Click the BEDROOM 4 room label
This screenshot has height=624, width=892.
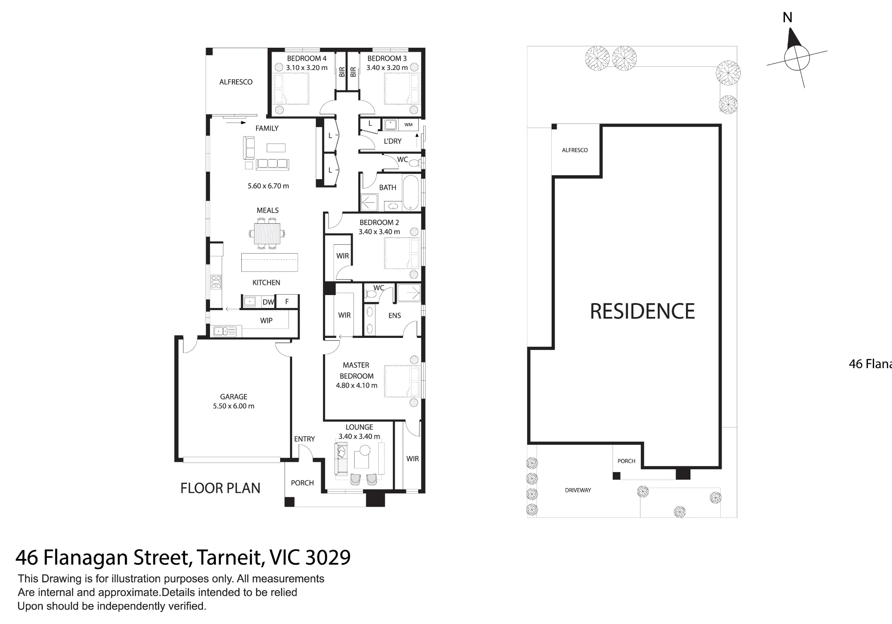(x=307, y=58)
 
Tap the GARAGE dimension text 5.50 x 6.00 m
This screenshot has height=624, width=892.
(x=234, y=406)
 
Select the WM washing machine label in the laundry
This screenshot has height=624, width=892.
(x=409, y=125)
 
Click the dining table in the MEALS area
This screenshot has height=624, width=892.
(x=268, y=234)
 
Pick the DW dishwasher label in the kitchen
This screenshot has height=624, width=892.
(x=268, y=302)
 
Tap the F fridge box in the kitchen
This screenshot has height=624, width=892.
(x=287, y=301)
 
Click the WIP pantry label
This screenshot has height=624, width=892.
(x=266, y=320)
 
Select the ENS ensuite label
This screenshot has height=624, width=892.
(x=395, y=316)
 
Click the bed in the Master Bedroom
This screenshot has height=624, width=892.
(x=402, y=381)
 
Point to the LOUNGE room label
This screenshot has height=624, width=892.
(x=359, y=427)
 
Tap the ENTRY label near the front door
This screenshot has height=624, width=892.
(x=305, y=439)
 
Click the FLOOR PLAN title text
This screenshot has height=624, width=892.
(x=220, y=488)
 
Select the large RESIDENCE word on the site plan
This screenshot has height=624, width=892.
(x=642, y=311)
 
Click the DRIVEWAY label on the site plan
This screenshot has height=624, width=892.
(x=578, y=490)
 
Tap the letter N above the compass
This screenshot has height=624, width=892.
(x=788, y=17)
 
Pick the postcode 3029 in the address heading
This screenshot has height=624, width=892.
(x=328, y=557)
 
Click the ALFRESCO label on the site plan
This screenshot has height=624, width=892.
(x=575, y=150)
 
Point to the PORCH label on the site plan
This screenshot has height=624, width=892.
(x=627, y=461)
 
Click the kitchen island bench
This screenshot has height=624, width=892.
(x=269, y=262)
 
